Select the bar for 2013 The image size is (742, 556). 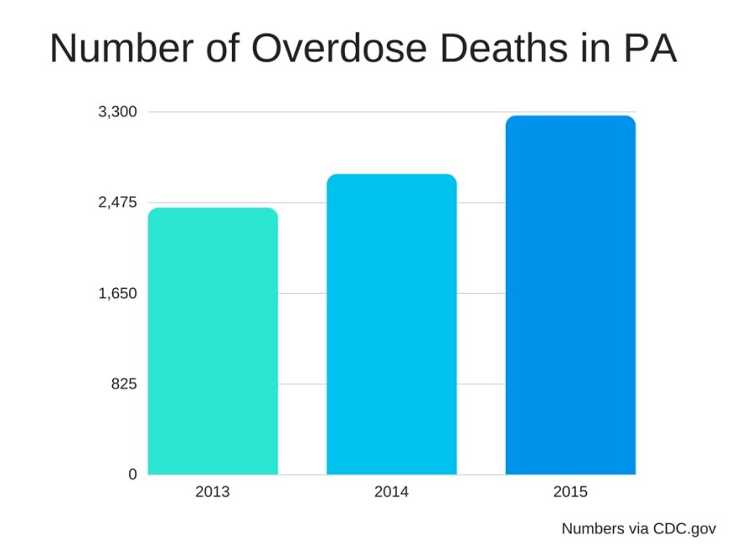pyautogui.click(x=212, y=341)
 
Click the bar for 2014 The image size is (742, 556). pyautogui.click(x=391, y=324)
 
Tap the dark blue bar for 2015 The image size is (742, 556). pyautogui.click(x=570, y=295)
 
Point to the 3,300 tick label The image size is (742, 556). pyautogui.click(x=118, y=112)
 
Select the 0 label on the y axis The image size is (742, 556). pyautogui.click(x=132, y=475)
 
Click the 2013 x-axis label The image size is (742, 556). pyautogui.click(x=212, y=492)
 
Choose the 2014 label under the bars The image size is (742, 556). pyautogui.click(x=391, y=492)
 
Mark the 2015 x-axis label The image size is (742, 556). pyautogui.click(x=570, y=492)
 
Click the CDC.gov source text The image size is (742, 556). pyautogui.click(x=684, y=529)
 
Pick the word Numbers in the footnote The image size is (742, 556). pyautogui.click(x=592, y=529)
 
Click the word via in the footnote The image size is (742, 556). pyautogui.click(x=638, y=529)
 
